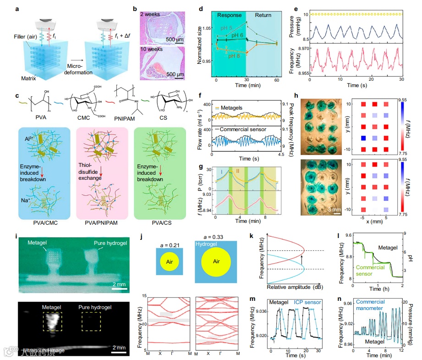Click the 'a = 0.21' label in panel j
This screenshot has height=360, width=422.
tap(169, 238)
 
